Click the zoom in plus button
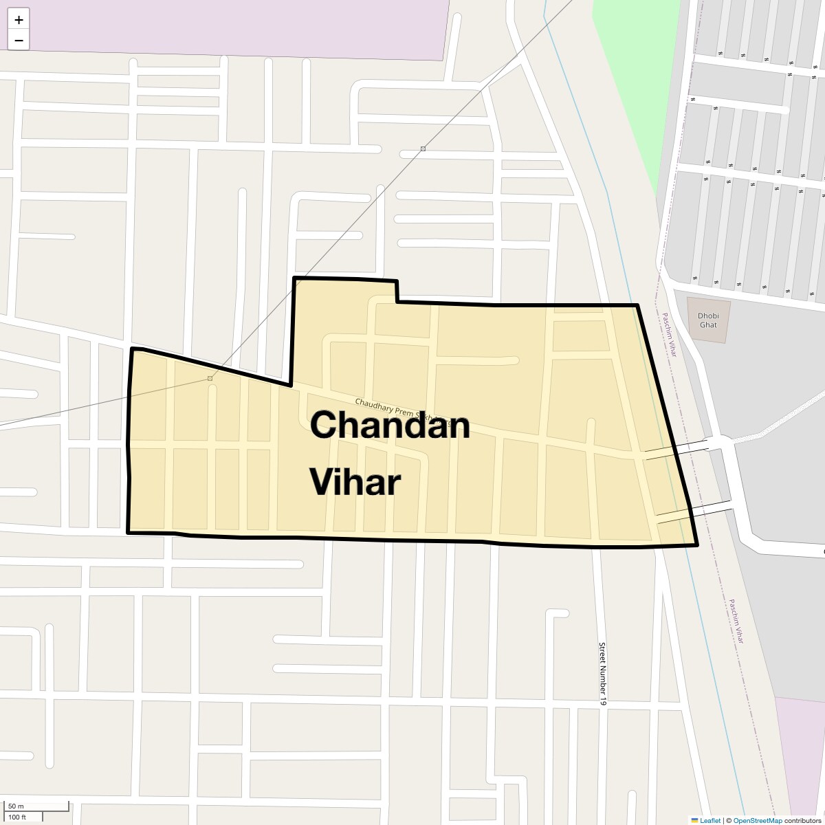point(19,20)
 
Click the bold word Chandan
point(390,425)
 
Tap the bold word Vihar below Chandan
point(355,482)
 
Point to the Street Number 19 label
point(603,674)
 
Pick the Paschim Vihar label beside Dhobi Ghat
point(669,335)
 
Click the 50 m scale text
point(16,806)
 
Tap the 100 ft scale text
point(17,817)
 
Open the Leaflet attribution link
point(710,820)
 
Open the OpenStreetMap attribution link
point(757,820)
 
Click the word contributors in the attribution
point(803,820)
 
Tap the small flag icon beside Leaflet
point(694,820)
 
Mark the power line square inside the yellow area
point(210,378)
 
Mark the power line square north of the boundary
point(423,148)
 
